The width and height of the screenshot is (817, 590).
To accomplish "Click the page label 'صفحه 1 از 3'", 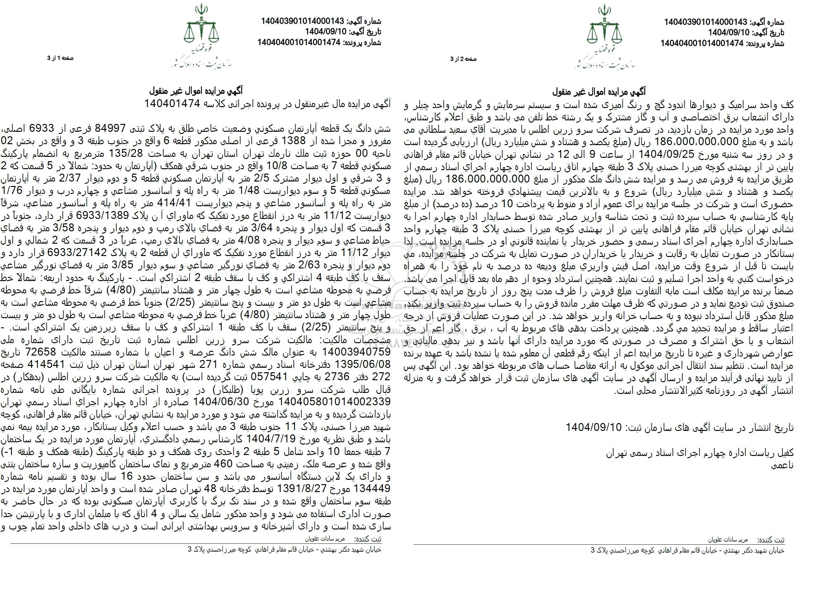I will point(61,58).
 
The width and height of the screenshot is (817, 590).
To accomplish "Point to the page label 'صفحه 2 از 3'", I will point(463,59).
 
